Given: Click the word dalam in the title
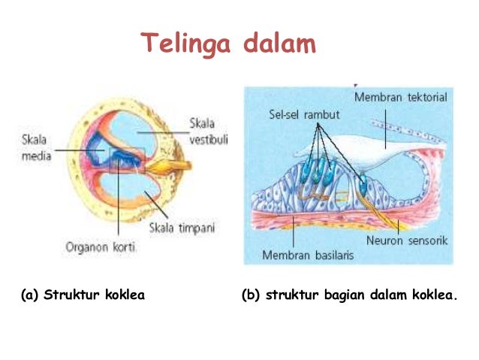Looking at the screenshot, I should [279, 44].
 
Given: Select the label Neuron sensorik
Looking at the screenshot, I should [407, 241].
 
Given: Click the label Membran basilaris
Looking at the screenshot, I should [309, 255].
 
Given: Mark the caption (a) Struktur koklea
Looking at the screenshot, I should [83, 294].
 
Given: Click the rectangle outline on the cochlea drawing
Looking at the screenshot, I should [125, 159].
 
